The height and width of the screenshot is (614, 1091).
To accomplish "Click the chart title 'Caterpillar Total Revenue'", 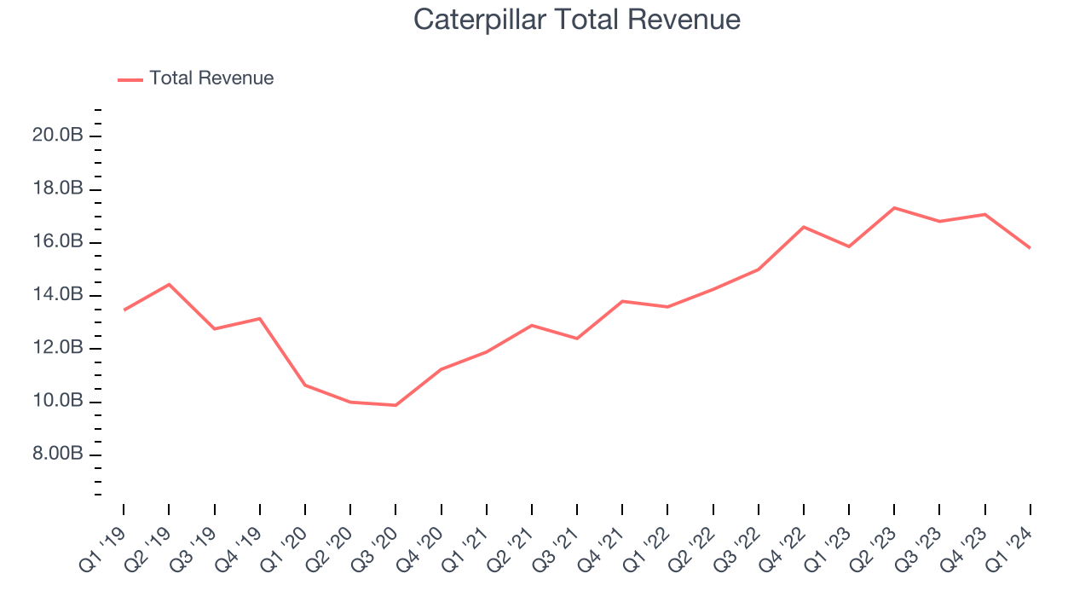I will pos(577,20).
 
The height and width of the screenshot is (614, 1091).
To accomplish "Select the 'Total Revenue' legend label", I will pos(211,78).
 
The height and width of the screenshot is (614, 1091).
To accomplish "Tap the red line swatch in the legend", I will pos(130,79).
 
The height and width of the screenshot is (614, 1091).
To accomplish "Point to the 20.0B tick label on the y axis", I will pos(57,136).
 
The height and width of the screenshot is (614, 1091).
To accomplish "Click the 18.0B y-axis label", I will pos(57,189).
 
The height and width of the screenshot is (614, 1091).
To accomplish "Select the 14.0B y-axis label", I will pos(57,295).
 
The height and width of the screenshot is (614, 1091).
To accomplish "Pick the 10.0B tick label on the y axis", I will pos(57,401).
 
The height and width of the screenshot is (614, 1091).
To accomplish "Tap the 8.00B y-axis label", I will pos(57,455).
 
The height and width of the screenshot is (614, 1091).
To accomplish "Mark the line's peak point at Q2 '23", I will pos(894,207).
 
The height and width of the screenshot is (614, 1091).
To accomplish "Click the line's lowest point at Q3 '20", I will pos(395,405).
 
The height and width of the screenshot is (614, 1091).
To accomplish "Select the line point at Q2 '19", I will pos(169,284).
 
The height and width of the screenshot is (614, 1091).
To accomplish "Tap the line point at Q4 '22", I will pos(804,227).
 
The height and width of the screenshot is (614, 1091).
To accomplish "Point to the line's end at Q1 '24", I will pos(1030,248).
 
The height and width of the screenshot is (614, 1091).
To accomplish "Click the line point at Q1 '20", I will pos(305,385).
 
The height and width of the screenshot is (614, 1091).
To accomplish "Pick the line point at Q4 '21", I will pos(622,301).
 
